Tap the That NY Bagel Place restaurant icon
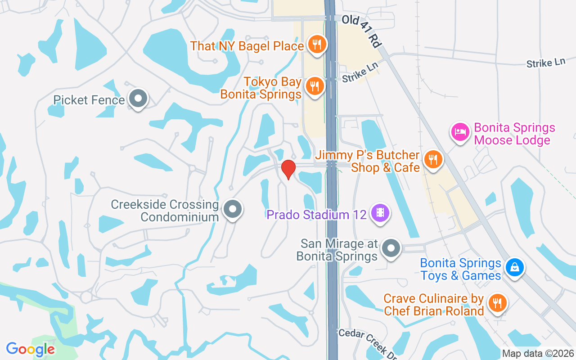(317, 45)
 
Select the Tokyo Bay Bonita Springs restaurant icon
(315, 85)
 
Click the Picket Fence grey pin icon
(138, 98)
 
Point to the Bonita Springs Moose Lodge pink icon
(460, 132)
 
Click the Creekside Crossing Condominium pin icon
(233, 209)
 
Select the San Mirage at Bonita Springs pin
(391, 248)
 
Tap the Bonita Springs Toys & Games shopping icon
(514, 268)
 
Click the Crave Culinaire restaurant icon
(497, 303)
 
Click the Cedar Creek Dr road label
(367, 344)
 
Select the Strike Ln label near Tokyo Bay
(360, 72)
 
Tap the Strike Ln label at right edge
(545, 63)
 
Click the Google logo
(31, 349)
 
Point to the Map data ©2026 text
(538, 354)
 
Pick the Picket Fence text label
(89, 99)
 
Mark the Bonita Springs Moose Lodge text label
(514, 134)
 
